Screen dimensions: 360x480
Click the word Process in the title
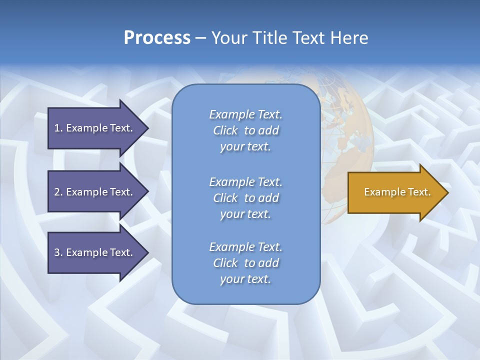pos(157,38)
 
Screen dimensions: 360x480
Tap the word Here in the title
pos(349,38)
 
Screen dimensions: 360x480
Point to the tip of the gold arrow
pos(447,192)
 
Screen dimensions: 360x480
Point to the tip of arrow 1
pos(147,128)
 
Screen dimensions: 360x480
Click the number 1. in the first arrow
pos(58,128)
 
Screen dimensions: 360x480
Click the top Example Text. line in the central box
pos(245,114)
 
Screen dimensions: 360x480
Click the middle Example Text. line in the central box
pos(245,182)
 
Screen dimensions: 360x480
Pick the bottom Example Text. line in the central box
pos(245,247)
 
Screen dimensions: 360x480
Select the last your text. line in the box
pos(245,279)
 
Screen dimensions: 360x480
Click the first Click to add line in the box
pos(245,130)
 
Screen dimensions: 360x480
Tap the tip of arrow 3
pos(147,252)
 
